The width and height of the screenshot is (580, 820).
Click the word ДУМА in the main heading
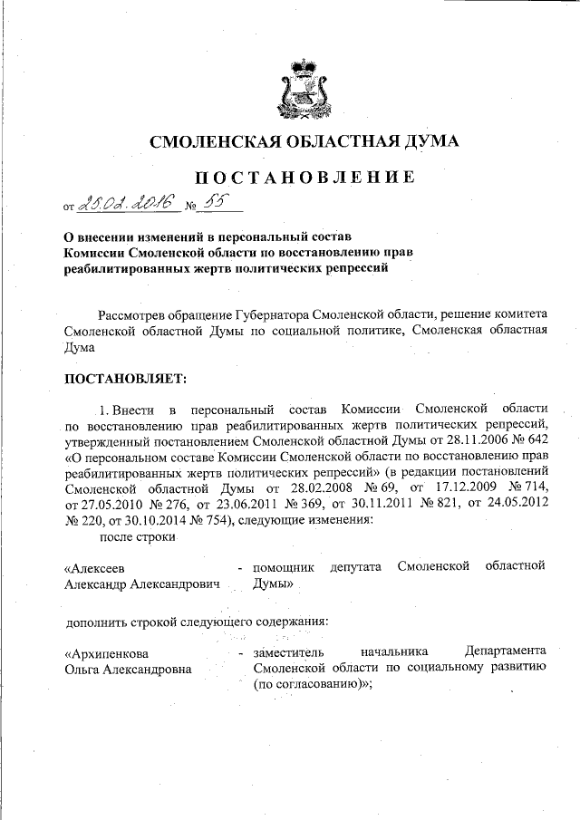coord(425,141)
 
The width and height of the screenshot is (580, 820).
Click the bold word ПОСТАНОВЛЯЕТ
coord(124,376)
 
